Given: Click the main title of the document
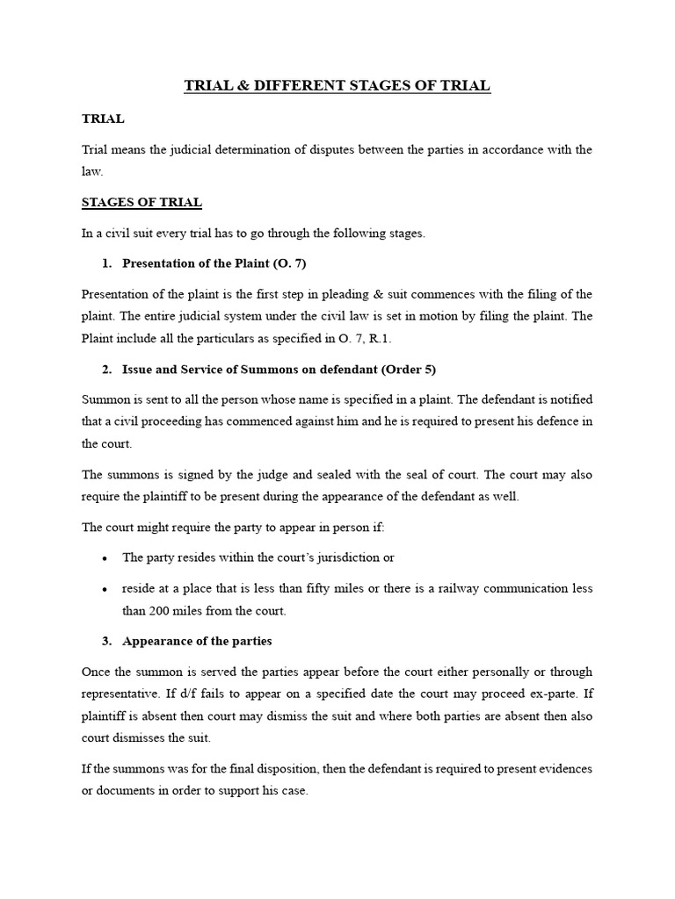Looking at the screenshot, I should [337, 85].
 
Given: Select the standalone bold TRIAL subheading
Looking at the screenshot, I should [103, 118].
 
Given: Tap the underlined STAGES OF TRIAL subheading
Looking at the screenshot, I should [142, 202].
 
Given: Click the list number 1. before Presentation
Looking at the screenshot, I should [107, 263].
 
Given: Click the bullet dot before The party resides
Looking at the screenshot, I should [105, 557].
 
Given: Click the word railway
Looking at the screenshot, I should [454, 588].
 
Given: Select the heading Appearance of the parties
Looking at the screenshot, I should [197, 641].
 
